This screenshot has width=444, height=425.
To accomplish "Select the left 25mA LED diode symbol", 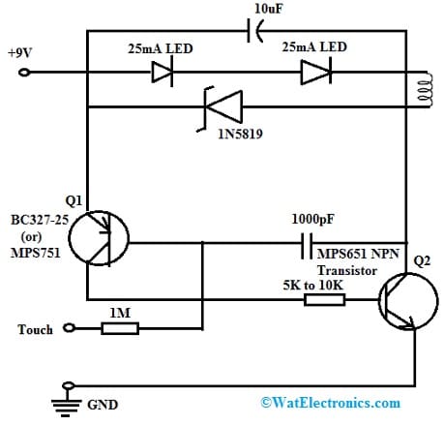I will pyautogui.click(x=163, y=72).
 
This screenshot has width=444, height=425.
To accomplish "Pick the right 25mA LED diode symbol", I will pyautogui.click(x=311, y=72).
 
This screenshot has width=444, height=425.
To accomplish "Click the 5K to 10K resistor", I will pyautogui.click(x=325, y=299).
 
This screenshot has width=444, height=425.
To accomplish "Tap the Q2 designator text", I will pyautogui.click(x=422, y=261).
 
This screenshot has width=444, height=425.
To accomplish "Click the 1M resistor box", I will pyautogui.click(x=120, y=329).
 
